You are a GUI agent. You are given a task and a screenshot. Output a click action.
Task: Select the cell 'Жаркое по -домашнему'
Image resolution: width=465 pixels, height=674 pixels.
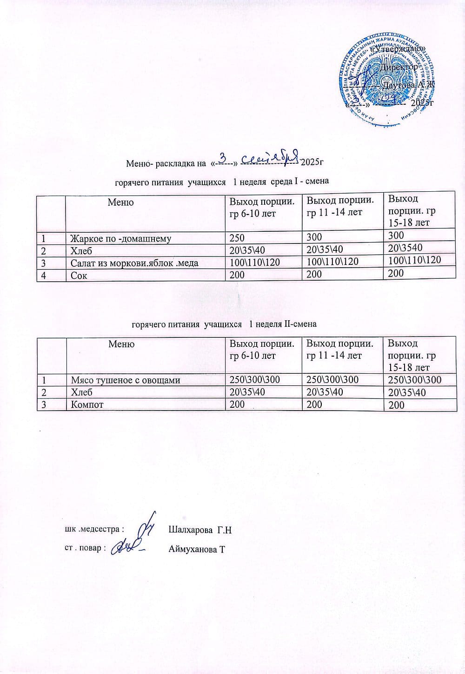tap(120, 239)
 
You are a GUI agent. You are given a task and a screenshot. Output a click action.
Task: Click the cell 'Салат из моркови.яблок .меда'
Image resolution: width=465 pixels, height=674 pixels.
tap(134, 263)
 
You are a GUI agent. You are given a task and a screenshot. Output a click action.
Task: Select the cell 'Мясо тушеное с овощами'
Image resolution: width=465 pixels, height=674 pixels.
tap(125, 380)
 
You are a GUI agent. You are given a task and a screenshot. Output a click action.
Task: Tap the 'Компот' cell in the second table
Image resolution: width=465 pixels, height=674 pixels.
tap(87, 404)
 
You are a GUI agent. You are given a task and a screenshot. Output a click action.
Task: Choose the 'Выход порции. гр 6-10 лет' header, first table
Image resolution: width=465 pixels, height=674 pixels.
tap(261, 208)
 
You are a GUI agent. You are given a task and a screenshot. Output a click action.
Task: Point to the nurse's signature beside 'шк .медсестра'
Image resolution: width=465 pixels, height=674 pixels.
tap(147, 526)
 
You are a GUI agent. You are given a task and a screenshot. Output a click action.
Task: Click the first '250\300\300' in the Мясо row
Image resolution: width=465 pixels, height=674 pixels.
tap(252, 380)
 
